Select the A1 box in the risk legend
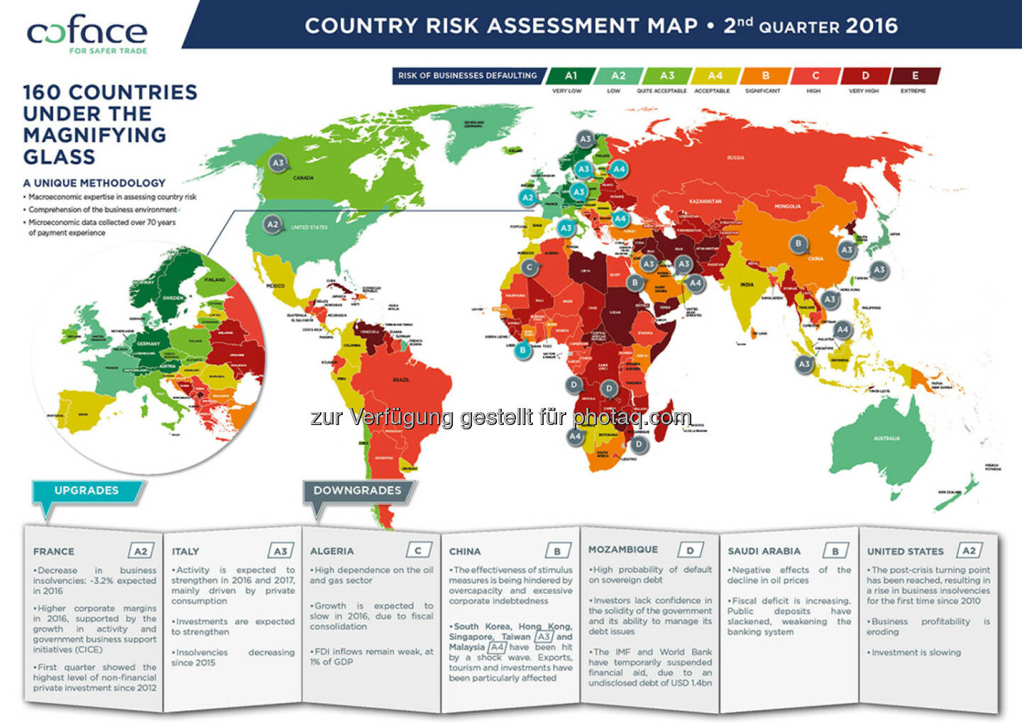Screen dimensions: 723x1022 click(x=571, y=76)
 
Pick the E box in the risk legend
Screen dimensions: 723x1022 click(x=915, y=76)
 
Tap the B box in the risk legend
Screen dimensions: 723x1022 click(x=765, y=76)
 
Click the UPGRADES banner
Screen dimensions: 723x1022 click(x=87, y=491)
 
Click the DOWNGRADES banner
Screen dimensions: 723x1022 click(x=357, y=491)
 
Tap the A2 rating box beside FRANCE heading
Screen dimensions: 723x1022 click(x=141, y=551)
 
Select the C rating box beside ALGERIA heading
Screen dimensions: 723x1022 click(x=418, y=551)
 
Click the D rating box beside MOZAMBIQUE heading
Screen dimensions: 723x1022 click(x=690, y=550)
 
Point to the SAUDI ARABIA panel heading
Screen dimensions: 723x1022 click(x=764, y=551)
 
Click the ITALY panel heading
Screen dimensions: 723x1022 click(x=185, y=551)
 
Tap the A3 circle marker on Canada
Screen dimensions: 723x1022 click(x=278, y=163)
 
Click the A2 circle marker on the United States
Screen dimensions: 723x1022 click(x=272, y=224)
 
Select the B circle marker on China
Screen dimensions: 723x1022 click(x=798, y=244)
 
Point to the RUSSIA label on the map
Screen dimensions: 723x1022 click(x=735, y=158)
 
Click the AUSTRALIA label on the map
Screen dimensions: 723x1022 click(x=886, y=438)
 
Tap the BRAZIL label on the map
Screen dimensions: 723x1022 click(x=401, y=380)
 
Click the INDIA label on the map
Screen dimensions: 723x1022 click(x=747, y=285)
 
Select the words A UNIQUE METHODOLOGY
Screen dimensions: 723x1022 click(x=94, y=183)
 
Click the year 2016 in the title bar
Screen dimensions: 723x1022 click(x=872, y=26)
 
